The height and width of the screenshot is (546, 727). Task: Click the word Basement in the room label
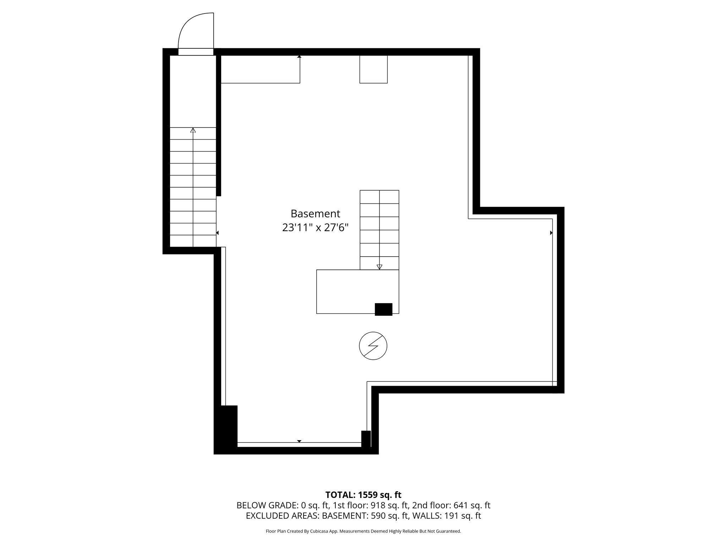pos(315,214)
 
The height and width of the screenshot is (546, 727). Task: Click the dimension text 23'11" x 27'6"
pos(315,227)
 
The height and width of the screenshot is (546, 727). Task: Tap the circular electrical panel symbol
pos(373,346)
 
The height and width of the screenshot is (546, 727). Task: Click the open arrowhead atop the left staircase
pos(193,130)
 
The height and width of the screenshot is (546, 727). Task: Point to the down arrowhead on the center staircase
pos(379,267)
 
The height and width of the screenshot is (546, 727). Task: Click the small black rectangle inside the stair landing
pos(384,309)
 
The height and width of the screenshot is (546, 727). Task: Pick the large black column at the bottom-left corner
pos(226,429)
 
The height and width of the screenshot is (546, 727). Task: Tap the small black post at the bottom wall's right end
pos(366,439)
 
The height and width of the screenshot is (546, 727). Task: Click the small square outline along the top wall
pos(373,69)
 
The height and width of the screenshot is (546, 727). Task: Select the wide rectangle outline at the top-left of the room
pos(261,69)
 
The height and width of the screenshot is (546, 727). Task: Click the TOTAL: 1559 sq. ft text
pos(363,495)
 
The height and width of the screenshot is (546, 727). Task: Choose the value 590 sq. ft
pos(389,516)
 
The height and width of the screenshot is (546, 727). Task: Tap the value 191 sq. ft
pos(463,516)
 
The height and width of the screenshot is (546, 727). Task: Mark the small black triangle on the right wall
pos(551,233)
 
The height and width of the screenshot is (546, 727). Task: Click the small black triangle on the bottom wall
pos(299,441)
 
